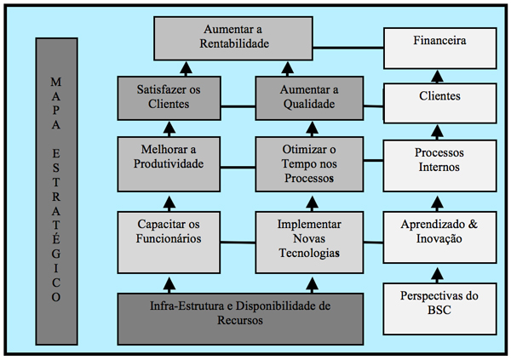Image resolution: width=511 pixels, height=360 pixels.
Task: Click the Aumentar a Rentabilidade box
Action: pyautogui.click(x=233, y=38)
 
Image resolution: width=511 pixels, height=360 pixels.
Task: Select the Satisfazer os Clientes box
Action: pyautogui.click(x=169, y=98)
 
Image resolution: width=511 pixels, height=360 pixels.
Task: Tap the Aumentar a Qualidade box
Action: pyautogui.click(x=309, y=98)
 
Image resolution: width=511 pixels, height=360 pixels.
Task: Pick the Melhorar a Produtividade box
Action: pyautogui.click(x=169, y=164)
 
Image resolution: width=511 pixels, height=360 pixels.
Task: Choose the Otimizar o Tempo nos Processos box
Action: pyautogui.click(x=309, y=164)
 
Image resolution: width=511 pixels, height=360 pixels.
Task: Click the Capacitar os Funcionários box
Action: pyautogui.click(x=169, y=243)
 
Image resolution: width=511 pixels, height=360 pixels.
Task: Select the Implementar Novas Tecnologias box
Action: pyautogui.click(x=309, y=243)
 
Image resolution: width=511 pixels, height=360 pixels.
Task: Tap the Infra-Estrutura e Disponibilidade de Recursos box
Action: pyautogui.click(x=240, y=319)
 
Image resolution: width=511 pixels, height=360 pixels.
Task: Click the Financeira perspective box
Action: pyautogui.click(x=440, y=49)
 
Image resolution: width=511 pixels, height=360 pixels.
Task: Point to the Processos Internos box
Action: pyautogui.click(x=440, y=166)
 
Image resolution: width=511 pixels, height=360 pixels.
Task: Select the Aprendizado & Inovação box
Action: pyautogui.click(x=440, y=237)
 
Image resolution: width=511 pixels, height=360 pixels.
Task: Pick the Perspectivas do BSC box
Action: pyautogui.click(x=440, y=309)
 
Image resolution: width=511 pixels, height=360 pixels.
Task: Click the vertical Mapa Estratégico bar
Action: pyautogui.click(x=57, y=191)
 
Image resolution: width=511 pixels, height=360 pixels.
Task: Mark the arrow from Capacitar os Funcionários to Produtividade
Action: pyautogui.click(x=169, y=203)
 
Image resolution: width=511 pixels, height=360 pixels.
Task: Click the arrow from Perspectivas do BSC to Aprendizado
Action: pyautogui.click(x=437, y=275)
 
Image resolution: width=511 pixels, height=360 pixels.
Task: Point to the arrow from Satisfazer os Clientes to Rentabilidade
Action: pyautogui.click(x=186, y=69)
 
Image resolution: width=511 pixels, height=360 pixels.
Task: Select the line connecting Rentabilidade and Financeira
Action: pyautogui.click(x=348, y=48)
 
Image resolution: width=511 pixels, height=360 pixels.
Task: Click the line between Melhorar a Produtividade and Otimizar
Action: pyautogui.click(x=238, y=168)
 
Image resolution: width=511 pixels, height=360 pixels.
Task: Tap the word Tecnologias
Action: pyautogui.click(x=309, y=253)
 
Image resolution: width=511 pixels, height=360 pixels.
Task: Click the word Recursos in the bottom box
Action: pyautogui.click(x=240, y=320)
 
